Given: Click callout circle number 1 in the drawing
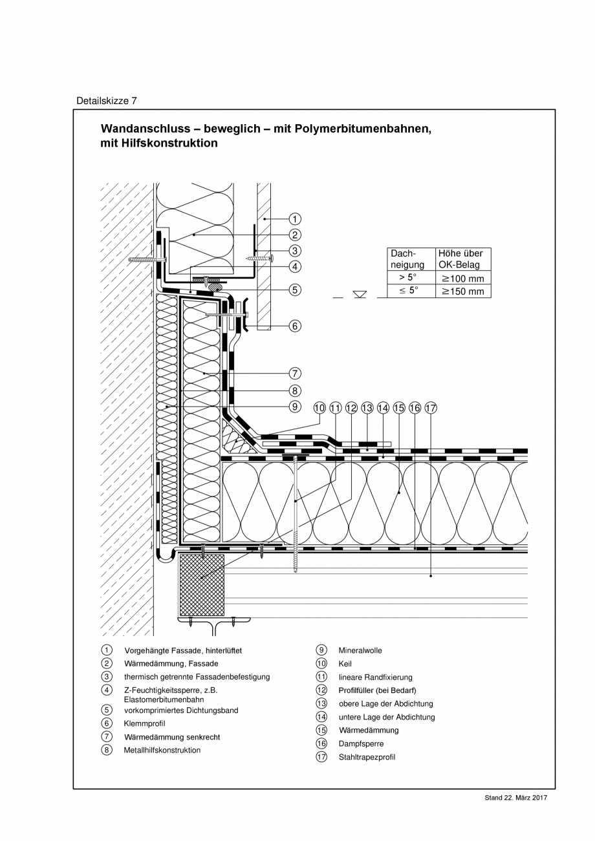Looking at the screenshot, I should (x=294, y=219).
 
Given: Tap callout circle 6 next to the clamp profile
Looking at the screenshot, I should (x=294, y=326).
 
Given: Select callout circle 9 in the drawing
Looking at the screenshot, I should (x=294, y=407).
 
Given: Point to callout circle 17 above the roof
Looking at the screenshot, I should (x=431, y=408).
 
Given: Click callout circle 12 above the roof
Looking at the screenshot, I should (x=351, y=408).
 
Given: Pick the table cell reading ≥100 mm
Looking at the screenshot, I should (x=462, y=279).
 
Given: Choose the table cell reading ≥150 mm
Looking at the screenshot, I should (x=462, y=292).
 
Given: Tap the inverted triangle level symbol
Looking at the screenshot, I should (x=360, y=294).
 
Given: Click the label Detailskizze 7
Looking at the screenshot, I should (x=107, y=101).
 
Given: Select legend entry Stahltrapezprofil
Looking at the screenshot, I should (x=367, y=757).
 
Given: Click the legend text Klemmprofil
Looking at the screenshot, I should (x=144, y=723).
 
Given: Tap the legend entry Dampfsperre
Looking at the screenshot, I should (x=361, y=743).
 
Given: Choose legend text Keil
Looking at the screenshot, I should (x=345, y=664).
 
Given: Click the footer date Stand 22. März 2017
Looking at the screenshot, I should (x=515, y=798).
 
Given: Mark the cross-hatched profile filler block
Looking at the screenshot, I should (x=202, y=584).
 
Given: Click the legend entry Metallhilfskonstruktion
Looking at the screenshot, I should (x=162, y=750).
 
